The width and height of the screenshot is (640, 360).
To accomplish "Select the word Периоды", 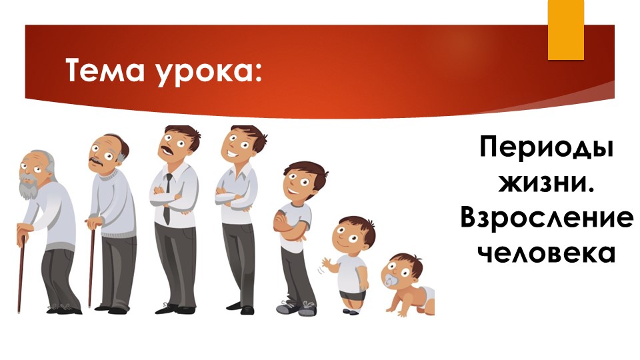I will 546,148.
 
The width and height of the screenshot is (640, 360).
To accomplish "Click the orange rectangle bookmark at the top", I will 565,30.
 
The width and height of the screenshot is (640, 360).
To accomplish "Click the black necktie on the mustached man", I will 167,197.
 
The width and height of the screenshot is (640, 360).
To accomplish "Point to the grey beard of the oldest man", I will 28,189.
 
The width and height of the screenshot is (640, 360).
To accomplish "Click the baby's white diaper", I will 424,294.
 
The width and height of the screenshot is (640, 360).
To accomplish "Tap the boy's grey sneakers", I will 297,309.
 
